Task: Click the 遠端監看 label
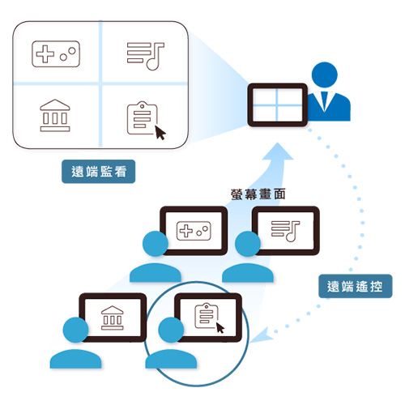tap(99, 172)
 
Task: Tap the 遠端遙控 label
tap(356, 286)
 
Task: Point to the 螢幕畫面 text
tap(258, 194)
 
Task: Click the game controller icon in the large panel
tap(56, 53)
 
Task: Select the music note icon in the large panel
tap(146, 56)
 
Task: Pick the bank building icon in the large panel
tap(55, 115)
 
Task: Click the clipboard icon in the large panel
tap(143, 117)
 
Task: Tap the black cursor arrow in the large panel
tap(160, 133)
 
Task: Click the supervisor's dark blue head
tap(325, 75)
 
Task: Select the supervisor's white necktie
tap(325, 101)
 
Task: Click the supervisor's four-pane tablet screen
tap(278, 104)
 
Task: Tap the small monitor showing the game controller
tap(194, 231)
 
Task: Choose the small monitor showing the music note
tap(286, 231)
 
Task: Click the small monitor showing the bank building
tap(113, 318)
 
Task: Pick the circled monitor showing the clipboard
tap(208, 318)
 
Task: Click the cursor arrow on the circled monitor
tap(220, 327)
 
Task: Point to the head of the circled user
tap(171, 330)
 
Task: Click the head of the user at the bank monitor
tap(75, 330)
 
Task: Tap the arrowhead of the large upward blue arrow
tap(278, 152)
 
